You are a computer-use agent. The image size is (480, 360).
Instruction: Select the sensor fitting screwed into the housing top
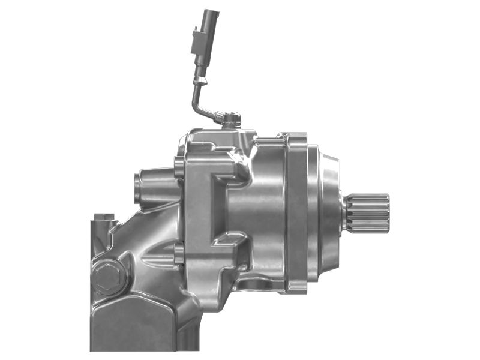[230, 118]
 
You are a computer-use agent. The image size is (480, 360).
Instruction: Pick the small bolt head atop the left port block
[107, 217]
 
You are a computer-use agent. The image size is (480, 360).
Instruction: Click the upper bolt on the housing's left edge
[178, 168]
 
